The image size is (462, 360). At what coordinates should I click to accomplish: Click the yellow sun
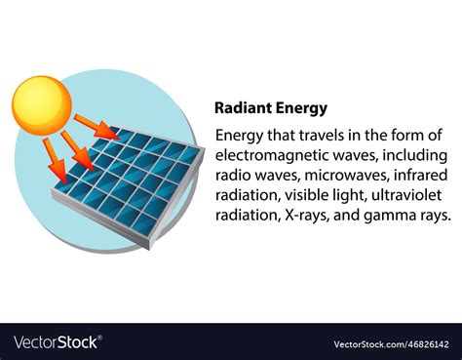coord(42,103)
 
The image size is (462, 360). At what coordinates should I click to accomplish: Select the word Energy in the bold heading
coord(300,108)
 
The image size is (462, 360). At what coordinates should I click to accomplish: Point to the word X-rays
coord(302,217)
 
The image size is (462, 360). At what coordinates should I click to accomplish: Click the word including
coord(412,155)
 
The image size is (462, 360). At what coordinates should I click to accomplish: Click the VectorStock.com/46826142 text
coord(390,343)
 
